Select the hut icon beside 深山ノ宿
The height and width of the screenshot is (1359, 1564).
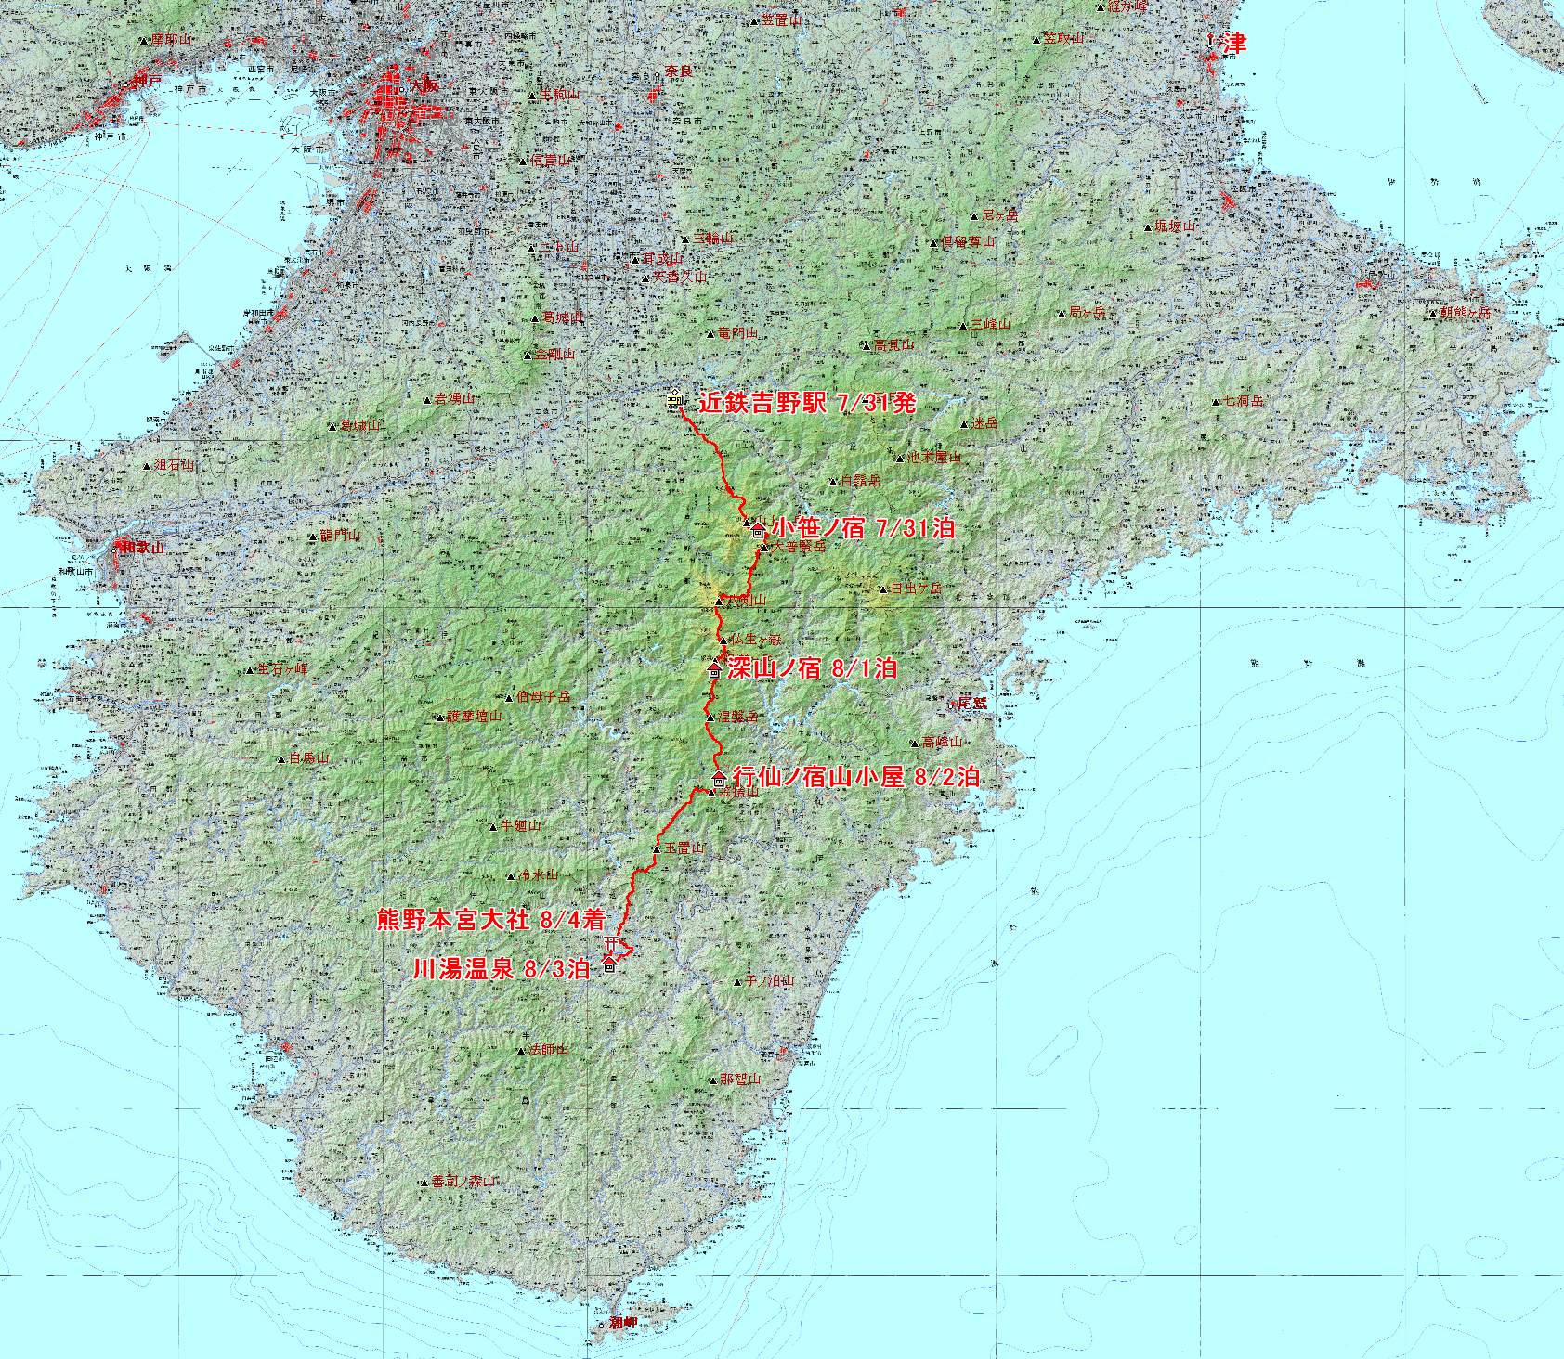coord(714,670)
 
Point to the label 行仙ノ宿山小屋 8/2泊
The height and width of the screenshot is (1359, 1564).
coord(855,777)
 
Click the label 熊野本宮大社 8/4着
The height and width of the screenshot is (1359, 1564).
coord(491,921)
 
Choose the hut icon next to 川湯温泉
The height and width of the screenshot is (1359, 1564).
coord(609,966)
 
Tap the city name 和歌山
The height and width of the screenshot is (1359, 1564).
coord(142,548)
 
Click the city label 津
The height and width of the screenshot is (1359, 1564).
coord(1232,44)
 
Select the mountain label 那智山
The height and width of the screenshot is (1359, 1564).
coord(740,1080)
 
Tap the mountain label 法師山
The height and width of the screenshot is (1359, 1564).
coord(548,1050)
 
